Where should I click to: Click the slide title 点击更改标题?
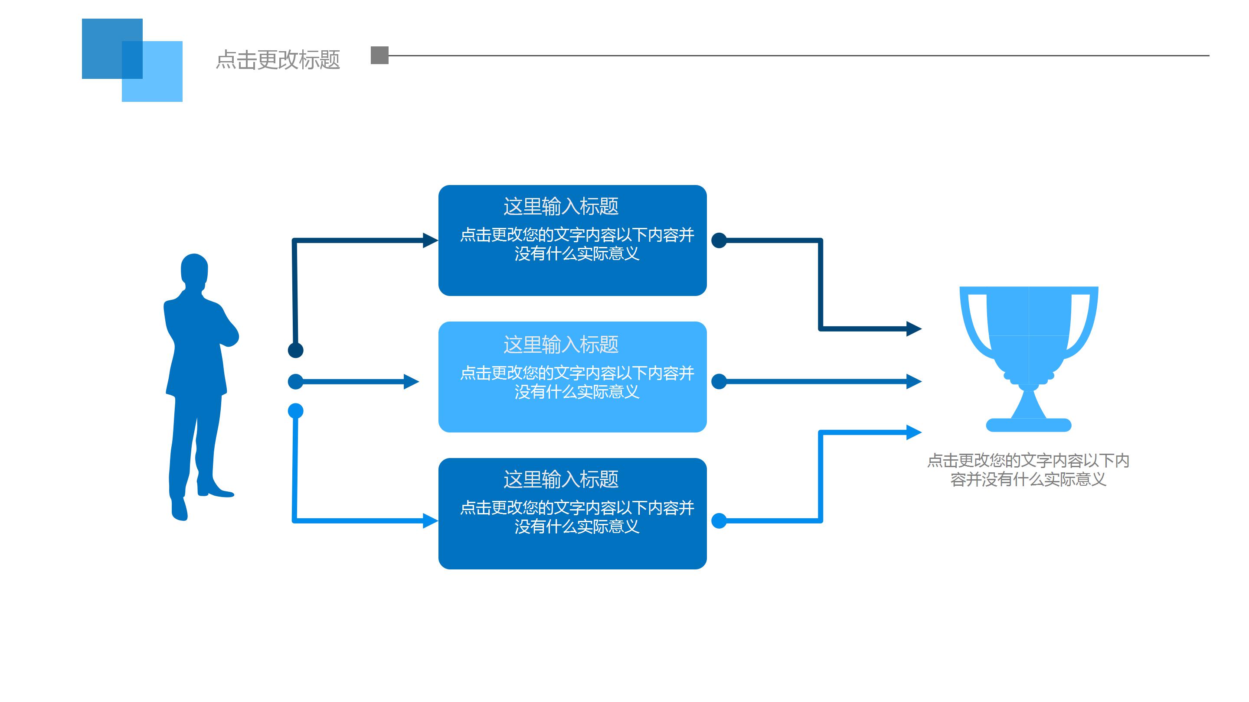pyautogui.click(x=278, y=60)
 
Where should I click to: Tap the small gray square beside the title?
pyautogui.click(x=379, y=55)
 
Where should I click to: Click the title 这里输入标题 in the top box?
pyautogui.click(x=561, y=206)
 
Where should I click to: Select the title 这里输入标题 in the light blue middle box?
pyautogui.click(x=561, y=345)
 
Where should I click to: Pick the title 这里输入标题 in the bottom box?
pyautogui.click(x=561, y=480)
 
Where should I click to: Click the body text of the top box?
pyautogui.click(x=577, y=244)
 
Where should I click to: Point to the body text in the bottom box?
pyautogui.click(x=577, y=517)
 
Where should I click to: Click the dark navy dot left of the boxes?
pyautogui.click(x=296, y=350)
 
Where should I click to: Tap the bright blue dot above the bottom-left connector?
pyautogui.click(x=296, y=411)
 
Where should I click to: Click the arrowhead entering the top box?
pyautogui.click(x=430, y=240)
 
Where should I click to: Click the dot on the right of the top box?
pyautogui.click(x=719, y=240)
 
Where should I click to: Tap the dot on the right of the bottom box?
pyautogui.click(x=719, y=521)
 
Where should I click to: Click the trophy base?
pyautogui.click(x=1028, y=425)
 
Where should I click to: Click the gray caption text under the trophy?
pyautogui.click(x=1028, y=470)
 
